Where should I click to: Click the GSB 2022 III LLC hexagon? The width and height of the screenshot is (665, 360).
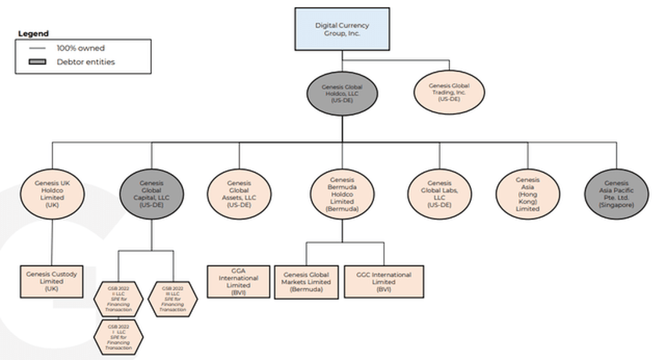[x=173, y=298]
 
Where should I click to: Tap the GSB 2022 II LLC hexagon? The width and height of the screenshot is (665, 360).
[x=118, y=298]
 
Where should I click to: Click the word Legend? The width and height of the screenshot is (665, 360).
[x=33, y=34]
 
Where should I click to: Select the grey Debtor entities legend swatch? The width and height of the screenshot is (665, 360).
[x=38, y=62]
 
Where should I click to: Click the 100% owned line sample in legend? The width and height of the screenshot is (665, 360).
[x=38, y=48]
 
